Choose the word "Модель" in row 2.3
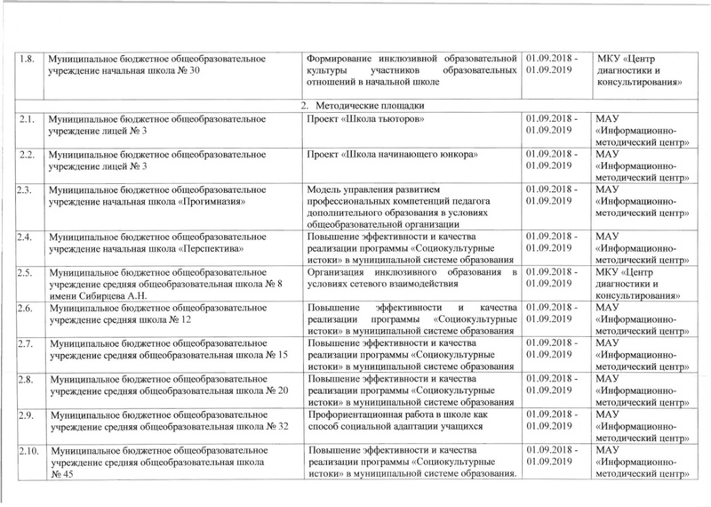[x=325, y=189]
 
